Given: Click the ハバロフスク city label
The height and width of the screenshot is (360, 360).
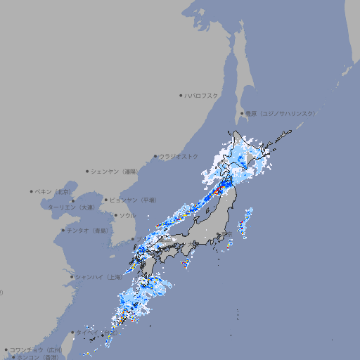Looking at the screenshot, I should coord(202,95).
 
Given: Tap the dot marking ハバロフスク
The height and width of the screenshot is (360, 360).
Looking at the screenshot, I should coord(181,95).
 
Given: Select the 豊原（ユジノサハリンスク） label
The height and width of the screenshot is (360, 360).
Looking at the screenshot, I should coord(281,113).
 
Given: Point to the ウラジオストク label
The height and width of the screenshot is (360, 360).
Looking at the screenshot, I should coord(179,156).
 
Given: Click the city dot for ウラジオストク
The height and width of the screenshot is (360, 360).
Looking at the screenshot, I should coord(155,156).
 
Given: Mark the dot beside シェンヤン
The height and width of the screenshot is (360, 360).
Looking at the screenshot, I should coord(88,171).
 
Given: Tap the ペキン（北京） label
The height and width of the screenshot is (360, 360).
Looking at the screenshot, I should coord(55,191).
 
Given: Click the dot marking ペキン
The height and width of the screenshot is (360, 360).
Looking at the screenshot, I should coord(32,191).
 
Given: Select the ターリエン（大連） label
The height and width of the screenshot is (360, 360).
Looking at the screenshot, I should coord(70,207).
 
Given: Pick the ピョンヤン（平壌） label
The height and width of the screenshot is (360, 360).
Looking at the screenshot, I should coord(133,200).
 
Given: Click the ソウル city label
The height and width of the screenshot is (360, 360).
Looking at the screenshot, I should coord(127,215).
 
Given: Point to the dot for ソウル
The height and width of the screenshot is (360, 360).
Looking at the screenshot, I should coord(116,215).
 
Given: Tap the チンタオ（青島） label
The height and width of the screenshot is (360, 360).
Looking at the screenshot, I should coord(88,230).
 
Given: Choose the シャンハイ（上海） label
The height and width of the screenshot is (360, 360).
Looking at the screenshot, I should coord(99,277).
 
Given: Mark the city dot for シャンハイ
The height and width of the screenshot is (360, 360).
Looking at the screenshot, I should coord(72,277).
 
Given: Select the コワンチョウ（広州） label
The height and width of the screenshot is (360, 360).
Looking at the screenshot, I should coord(36,349).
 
